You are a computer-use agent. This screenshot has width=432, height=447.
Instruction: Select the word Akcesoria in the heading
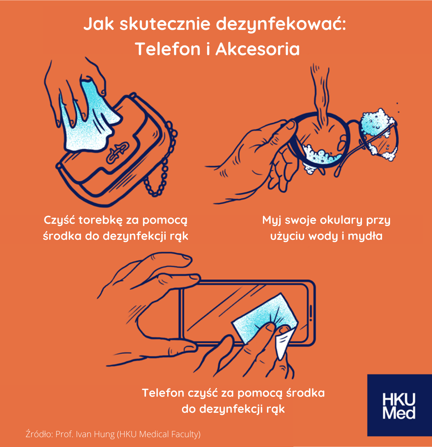tap(257, 49)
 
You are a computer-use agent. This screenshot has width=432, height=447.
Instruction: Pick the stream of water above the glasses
tap(320, 96)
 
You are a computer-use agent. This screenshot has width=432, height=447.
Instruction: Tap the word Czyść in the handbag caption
tap(59, 220)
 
